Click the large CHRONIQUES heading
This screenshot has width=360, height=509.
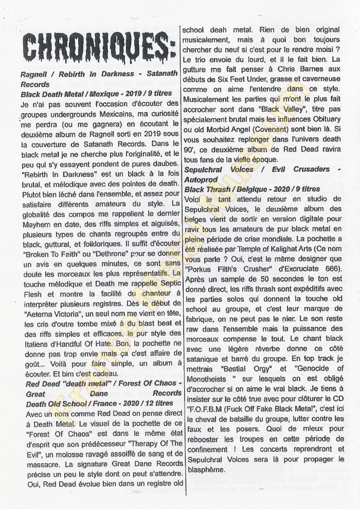point(98,47)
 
